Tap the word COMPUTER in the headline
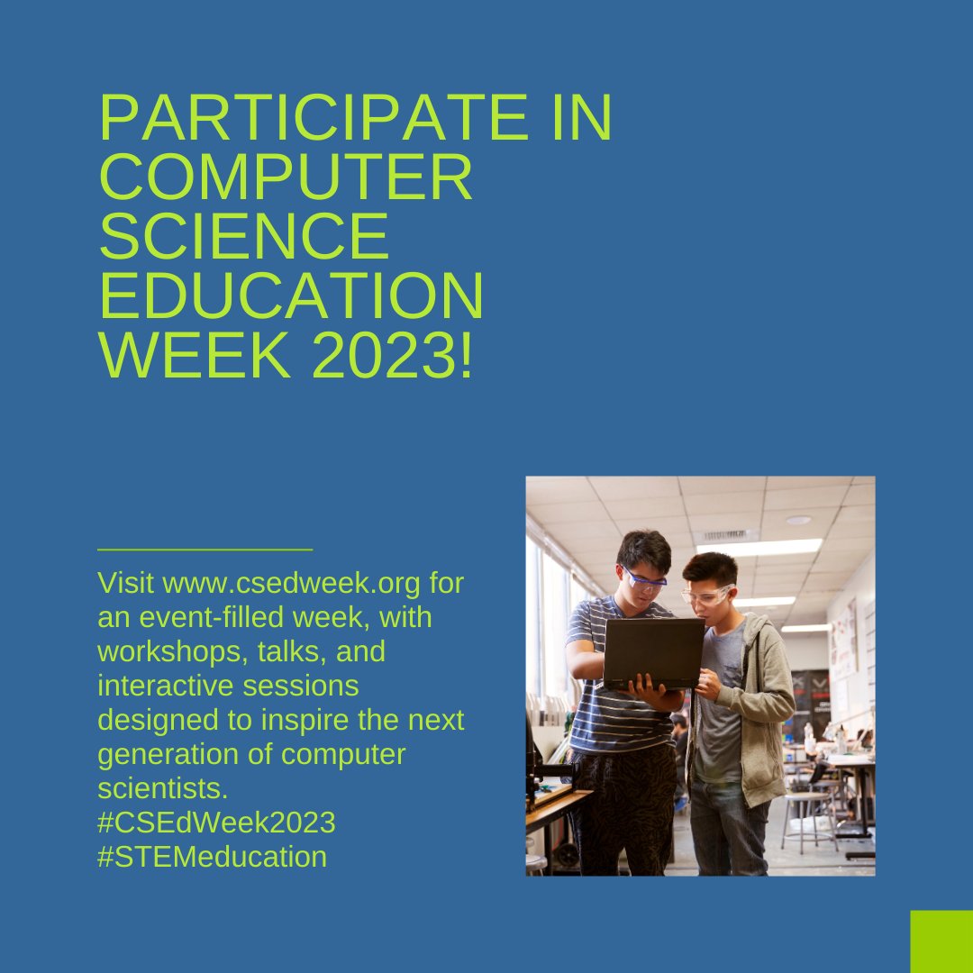286,177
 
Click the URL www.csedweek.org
291,583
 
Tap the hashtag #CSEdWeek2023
216,822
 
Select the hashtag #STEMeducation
212,856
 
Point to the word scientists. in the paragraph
163,788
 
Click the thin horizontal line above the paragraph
205,548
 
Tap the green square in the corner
941,941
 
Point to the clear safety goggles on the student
707,596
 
